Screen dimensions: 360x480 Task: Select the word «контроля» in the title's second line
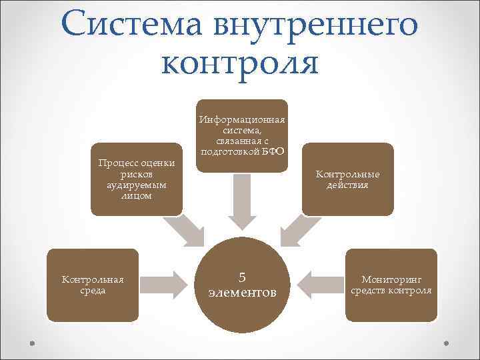240,63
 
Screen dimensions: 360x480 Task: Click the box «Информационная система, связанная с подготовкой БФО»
241,135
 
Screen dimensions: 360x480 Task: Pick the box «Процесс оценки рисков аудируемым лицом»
136,179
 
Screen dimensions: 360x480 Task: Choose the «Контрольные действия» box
347,179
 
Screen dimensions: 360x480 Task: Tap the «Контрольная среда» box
93,285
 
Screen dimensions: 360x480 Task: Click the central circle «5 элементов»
241,285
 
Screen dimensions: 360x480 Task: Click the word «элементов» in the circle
241,293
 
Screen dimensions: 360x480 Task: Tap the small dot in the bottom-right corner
446,343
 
